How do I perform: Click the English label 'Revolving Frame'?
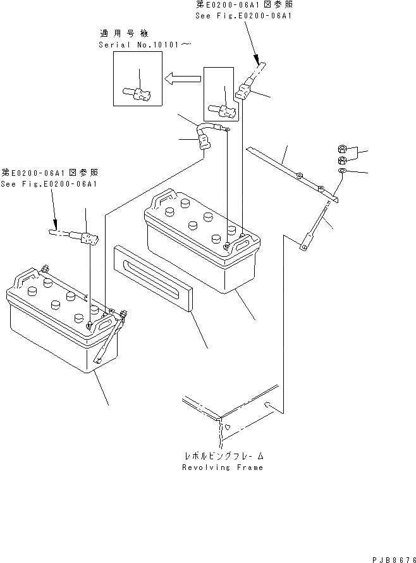[x=222, y=467]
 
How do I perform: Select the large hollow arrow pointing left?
[x=182, y=79]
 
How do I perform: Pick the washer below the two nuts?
[x=342, y=171]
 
